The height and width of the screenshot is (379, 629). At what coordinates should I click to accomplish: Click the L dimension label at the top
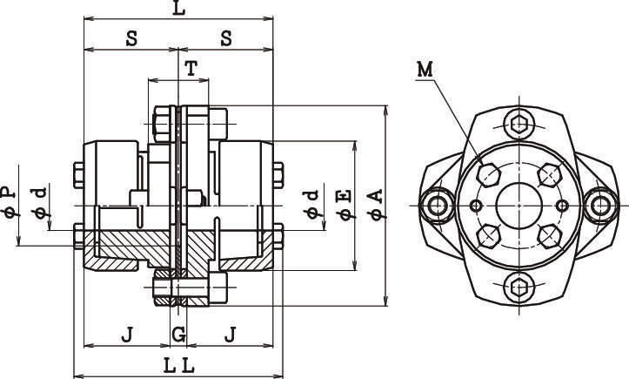tap(178, 10)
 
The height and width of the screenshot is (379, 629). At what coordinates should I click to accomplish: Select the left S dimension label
tap(131, 39)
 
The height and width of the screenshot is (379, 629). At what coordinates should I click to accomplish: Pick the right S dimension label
tap(225, 39)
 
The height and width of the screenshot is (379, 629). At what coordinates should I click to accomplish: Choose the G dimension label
tap(178, 334)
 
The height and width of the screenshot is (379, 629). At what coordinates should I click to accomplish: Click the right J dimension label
tap(230, 334)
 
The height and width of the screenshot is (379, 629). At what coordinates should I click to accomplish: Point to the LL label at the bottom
tap(178, 364)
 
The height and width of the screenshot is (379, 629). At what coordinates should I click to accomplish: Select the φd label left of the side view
tap(38, 201)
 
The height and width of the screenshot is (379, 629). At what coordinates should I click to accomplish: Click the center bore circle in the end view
tap(519, 205)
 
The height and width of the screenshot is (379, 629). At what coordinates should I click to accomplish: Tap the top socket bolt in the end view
tap(519, 123)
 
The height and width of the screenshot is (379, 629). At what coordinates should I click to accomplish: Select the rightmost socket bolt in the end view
tap(601, 205)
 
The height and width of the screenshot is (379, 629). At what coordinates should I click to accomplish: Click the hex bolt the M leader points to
tap(490, 175)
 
